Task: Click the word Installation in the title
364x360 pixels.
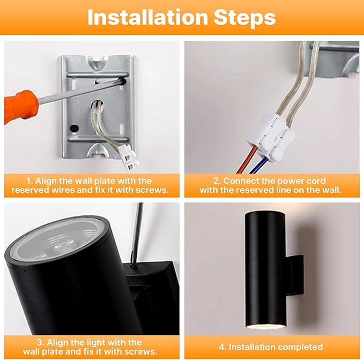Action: [147, 17]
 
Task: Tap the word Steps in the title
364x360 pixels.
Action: [244, 18]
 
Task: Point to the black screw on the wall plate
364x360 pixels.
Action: [75, 128]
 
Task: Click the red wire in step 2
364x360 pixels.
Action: [247, 160]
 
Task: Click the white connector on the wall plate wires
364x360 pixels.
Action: [129, 157]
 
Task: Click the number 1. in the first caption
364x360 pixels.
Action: [29, 181]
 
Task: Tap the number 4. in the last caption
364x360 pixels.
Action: [222, 347]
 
